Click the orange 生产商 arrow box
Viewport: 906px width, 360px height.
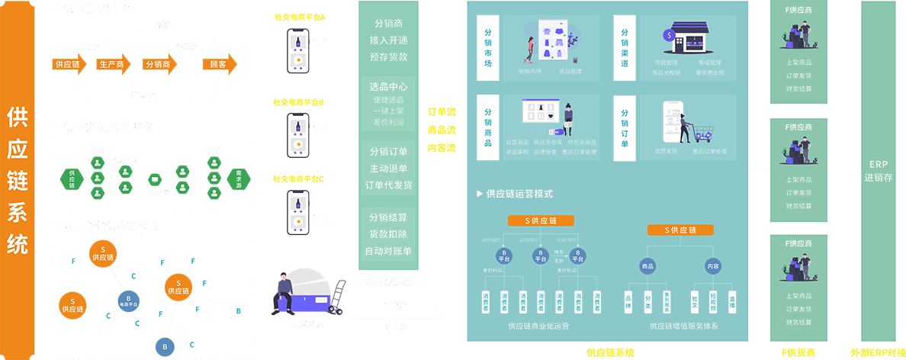[112, 65]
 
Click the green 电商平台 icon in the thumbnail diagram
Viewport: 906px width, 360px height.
[154, 179]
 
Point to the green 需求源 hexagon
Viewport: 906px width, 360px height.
[238, 178]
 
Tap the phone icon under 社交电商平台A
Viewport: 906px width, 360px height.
[298, 52]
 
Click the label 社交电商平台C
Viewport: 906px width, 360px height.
[298, 179]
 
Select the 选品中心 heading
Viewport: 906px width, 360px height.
[388, 85]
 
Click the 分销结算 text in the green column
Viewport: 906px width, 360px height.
[388, 217]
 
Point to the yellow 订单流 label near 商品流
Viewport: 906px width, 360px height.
[442, 113]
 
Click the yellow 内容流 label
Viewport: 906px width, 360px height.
[442, 148]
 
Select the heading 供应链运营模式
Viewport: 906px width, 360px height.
[519, 194]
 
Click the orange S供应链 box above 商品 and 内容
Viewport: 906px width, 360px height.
[679, 230]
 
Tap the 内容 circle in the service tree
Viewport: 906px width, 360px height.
[713, 266]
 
